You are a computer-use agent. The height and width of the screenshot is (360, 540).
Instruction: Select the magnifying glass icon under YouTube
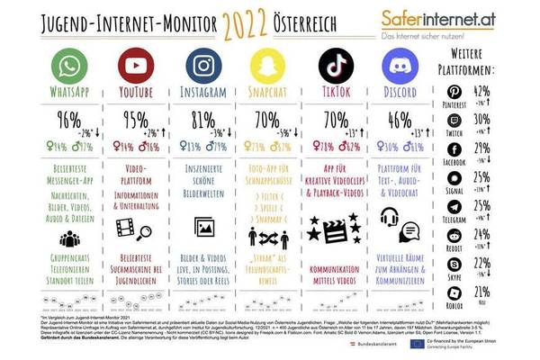point(139,230)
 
